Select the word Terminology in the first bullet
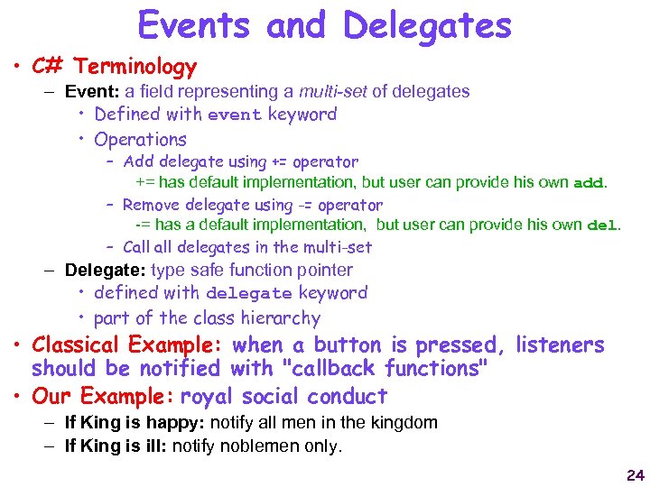coord(135,67)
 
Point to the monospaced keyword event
coord(234,115)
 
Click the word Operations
coord(140,140)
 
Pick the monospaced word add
coord(589,183)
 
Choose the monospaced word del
coord(602,225)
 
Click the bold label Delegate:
coord(106,270)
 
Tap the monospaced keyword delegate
coord(248,294)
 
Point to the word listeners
coord(559,345)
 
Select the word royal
coord(209,397)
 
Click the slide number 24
coord(635,475)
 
